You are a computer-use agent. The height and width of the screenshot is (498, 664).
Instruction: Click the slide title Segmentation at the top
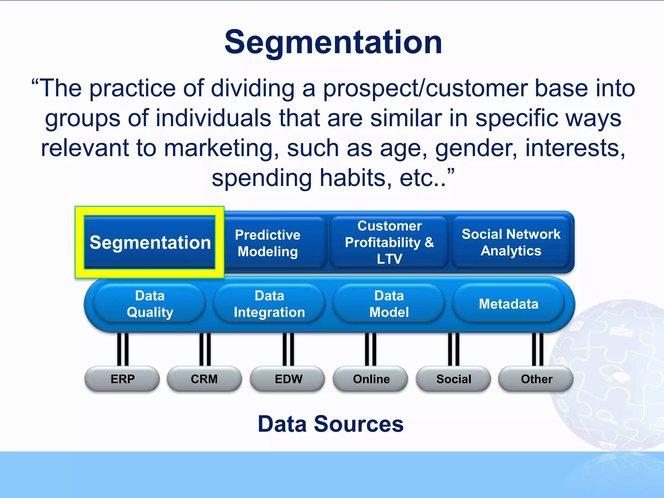(x=333, y=42)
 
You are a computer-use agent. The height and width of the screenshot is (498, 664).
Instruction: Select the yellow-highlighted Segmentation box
(x=150, y=243)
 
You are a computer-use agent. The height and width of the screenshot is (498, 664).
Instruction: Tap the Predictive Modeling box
(x=268, y=243)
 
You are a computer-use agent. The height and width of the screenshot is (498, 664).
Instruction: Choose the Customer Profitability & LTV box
(x=389, y=242)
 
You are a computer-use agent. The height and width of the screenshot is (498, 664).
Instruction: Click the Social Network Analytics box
(x=511, y=242)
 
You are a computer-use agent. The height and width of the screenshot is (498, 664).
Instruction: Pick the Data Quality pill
(x=150, y=304)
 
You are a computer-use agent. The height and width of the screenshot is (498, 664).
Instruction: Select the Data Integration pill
(x=269, y=304)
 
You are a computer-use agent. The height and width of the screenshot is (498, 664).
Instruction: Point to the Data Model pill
(x=389, y=304)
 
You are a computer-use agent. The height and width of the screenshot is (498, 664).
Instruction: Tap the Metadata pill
(x=508, y=304)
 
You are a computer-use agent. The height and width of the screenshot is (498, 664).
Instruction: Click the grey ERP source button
(x=122, y=379)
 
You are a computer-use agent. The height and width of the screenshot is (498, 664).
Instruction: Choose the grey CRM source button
(x=204, y=379)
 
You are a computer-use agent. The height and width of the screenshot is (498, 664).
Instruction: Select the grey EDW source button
(x=288, y=379)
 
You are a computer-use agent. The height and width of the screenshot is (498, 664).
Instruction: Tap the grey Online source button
(x=371, y=379)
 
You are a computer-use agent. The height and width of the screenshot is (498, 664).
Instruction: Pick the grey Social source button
(x=454, y=379)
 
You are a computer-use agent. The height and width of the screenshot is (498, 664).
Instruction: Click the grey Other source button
(x=536, y=379)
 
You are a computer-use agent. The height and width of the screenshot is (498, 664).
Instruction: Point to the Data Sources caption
(x=331, y=424)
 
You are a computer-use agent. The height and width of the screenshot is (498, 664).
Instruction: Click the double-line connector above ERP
(x=123, y=350)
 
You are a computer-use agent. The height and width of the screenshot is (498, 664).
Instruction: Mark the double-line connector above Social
(x=454, y=350)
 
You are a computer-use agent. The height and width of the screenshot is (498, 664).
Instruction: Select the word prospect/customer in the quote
(x=425, y=88)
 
